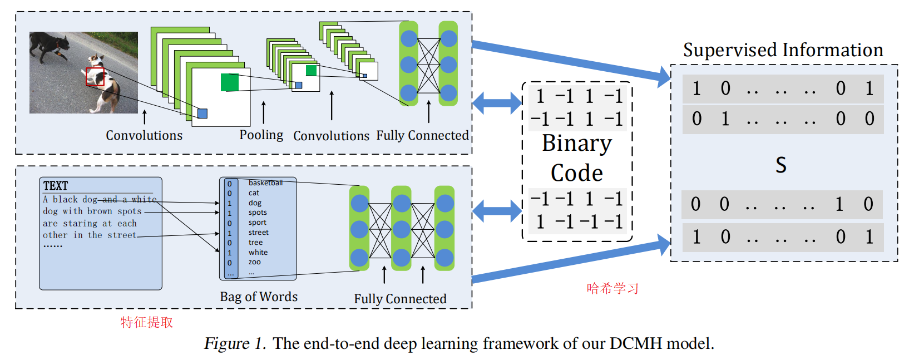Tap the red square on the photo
click(95, 77)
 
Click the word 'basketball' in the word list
click(265, 183)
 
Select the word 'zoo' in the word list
click(254, 262)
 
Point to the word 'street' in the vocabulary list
click(258, 232)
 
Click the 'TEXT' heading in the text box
click(56, 186)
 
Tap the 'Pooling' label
click(261, 135)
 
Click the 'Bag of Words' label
click(259, 297)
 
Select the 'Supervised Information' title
click(783, 50)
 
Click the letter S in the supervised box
click(781, 165)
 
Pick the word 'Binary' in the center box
click(577, 144)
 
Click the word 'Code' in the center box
click(577, 173)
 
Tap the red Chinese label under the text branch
click(147, 322)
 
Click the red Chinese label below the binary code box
click(612, 288)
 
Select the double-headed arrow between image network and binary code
click(497, 102)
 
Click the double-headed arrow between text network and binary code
click(497, 210)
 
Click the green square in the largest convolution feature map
click(230, 82)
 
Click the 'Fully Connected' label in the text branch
click(400, 299)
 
